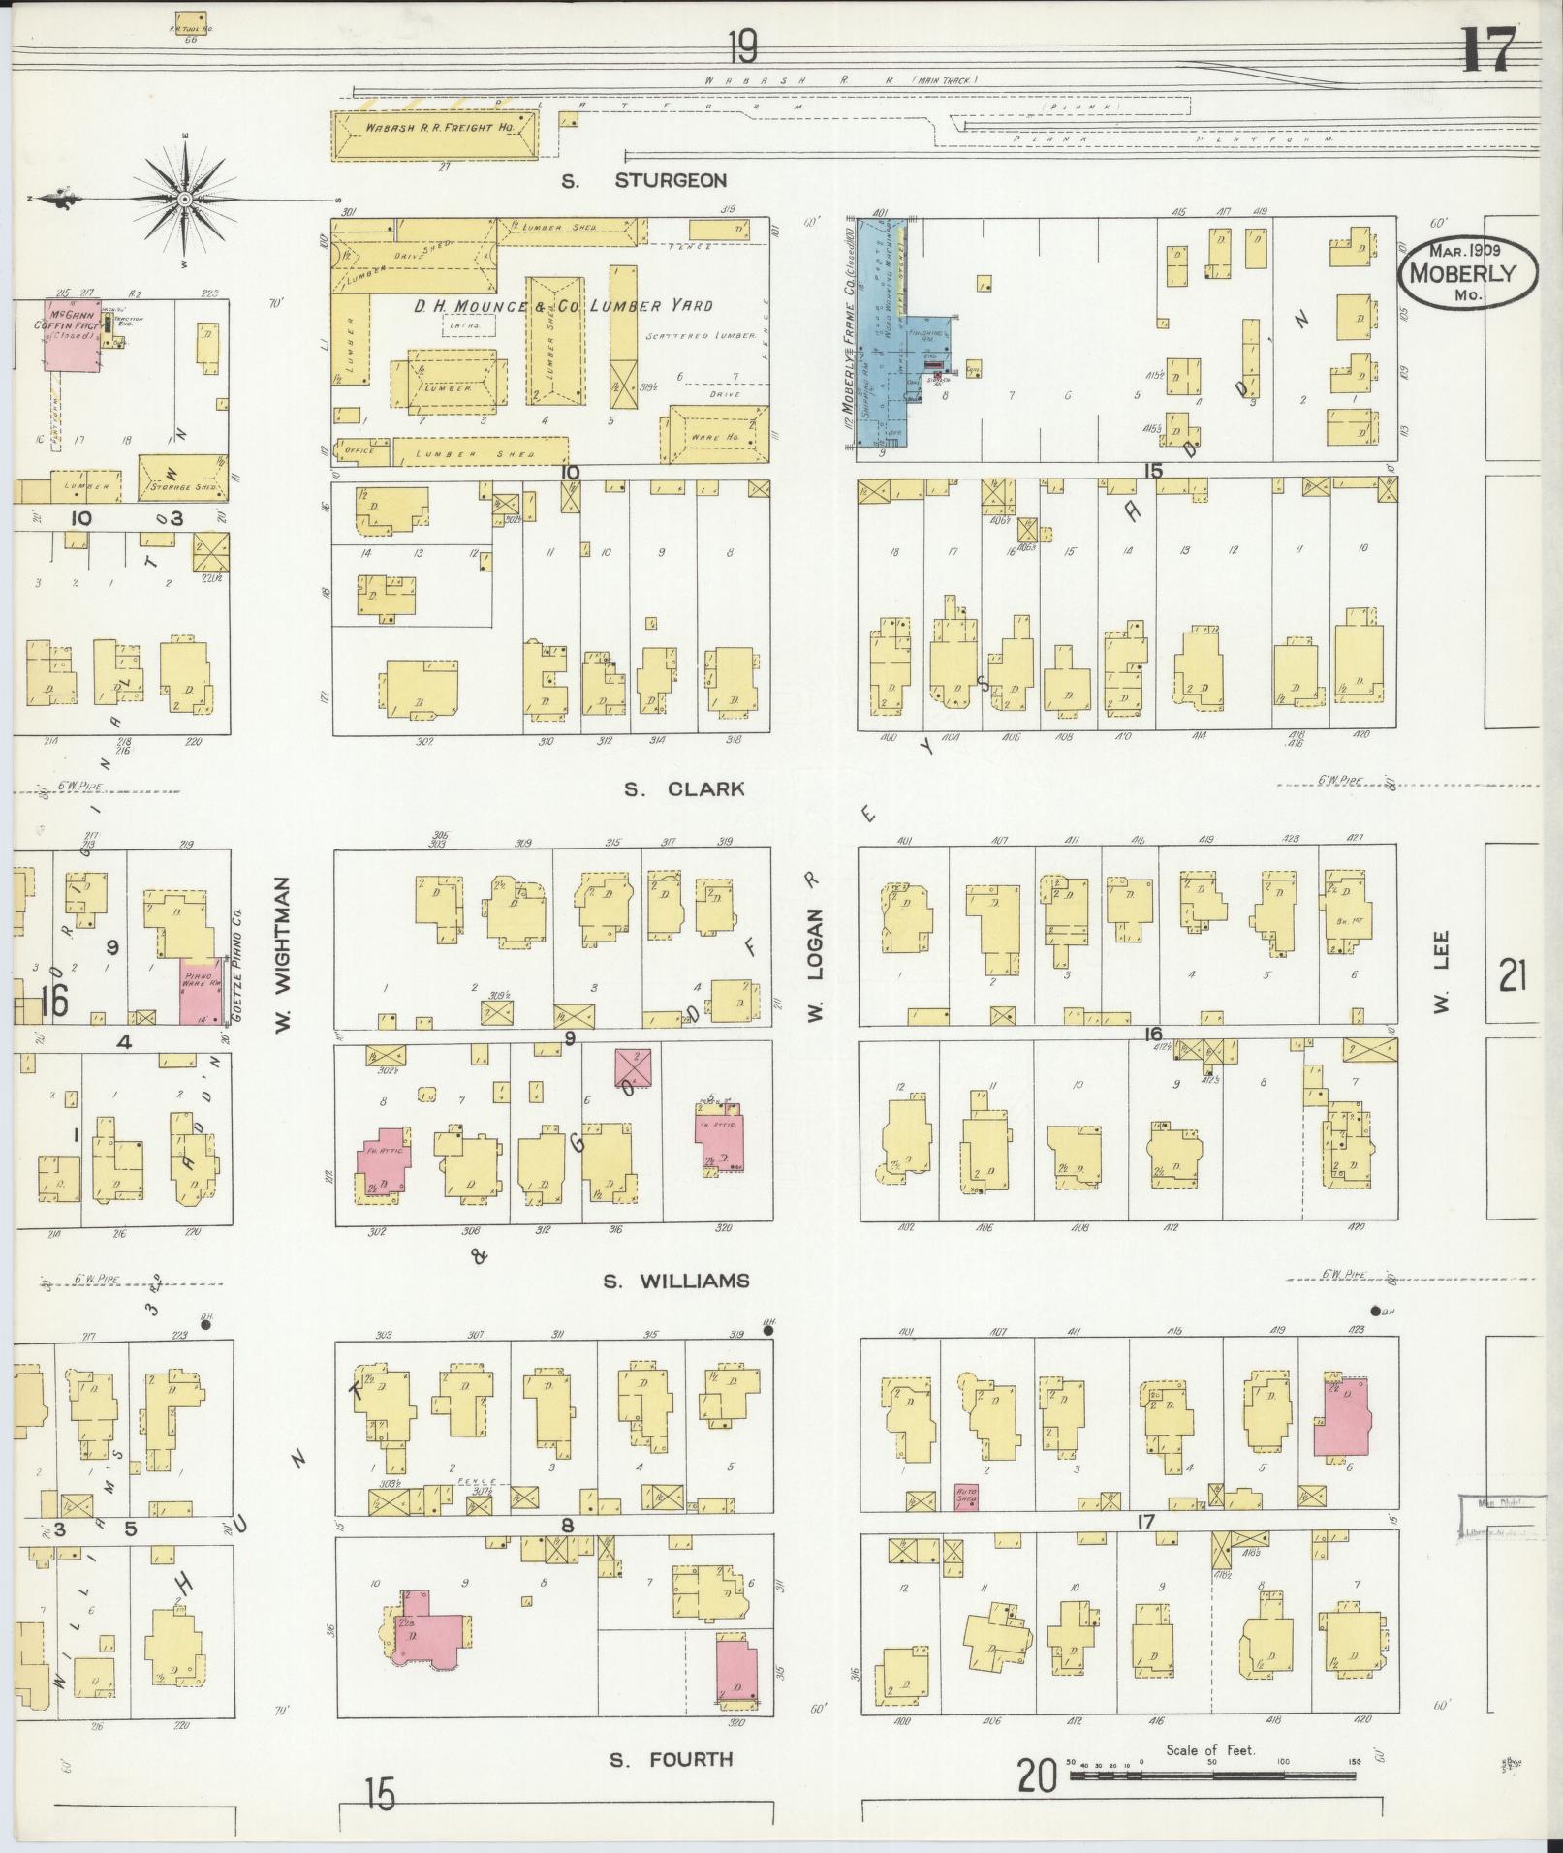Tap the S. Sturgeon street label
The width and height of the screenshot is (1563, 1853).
(x=645, y=180)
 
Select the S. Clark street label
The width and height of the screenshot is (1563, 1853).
(x=684, y=789)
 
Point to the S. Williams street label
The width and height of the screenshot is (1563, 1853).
(x=675, y=1282)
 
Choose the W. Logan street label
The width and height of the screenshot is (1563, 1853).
(x=816, y=964)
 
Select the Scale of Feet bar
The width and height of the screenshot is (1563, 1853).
(x=1210, y=1776)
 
